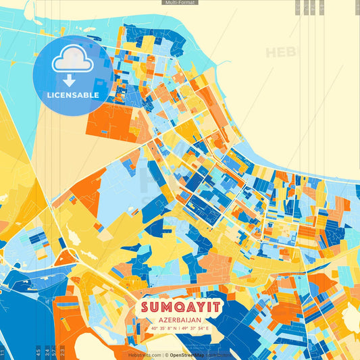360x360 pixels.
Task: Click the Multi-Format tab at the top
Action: pyautogui.click(x=180, y=3)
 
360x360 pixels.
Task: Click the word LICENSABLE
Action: pyautogui.click(x=72, y=95)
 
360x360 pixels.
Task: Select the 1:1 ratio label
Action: pyautogui.click(x=3, y=352)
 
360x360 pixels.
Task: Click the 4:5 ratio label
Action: pyautogui.click(x=38, y=352)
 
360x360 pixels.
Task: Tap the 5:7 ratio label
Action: pyautogui.click(x=53, y=352)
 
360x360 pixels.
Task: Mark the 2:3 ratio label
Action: pyautogui.click(x=62, y=352)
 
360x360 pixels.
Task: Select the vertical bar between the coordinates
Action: pyautogui.click(x=180, y=329)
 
